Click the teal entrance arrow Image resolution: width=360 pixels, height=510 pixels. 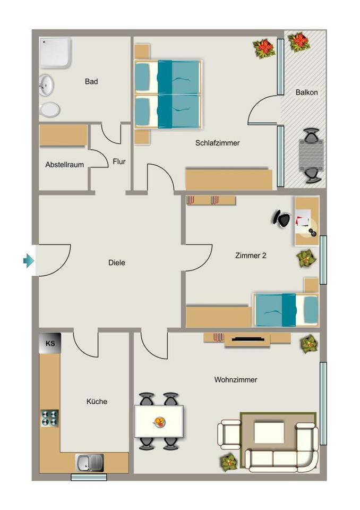pos(29,260)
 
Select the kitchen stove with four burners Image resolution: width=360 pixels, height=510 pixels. pos(50,418)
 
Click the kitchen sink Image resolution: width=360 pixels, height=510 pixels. pos(89,463)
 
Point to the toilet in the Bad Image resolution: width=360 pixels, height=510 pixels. pos(49,109)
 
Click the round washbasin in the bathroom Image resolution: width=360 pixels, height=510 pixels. pos(46,84)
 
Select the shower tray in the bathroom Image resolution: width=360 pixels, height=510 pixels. pos(55,52)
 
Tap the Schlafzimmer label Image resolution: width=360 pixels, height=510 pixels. pos(217,143)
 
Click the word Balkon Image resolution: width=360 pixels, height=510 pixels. pos(306,92)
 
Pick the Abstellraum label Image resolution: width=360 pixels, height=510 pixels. pos(64,165)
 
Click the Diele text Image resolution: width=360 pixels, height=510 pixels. pos(116,262)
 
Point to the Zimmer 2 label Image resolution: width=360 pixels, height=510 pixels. pos(250,256)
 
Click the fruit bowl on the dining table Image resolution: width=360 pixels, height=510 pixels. pos(159,422)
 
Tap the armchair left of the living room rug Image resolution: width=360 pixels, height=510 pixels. pos(230,434)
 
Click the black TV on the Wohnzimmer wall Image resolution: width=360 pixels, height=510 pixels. pos(247,337)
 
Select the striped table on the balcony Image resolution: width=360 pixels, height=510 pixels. pos(311,155)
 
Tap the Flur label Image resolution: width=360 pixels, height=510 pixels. pos(119,161)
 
